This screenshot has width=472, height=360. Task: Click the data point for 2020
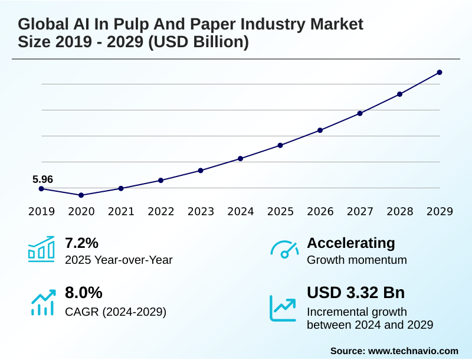(x=81, y=195)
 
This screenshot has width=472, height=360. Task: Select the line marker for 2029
(x=440, y=73)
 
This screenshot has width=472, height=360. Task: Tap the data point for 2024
(x=241, y=158)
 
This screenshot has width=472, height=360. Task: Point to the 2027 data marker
(x=360, y=113)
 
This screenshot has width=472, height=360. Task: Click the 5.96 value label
(x=43, y=178)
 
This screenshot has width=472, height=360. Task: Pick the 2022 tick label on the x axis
(x=160, y=211)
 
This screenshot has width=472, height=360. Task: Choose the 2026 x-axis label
(x=320, y=211)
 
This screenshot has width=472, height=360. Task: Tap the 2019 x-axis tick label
(x=41, y=211)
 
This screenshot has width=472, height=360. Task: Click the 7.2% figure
(x=81, y=243)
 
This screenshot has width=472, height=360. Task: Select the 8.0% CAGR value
(x=84, y=293)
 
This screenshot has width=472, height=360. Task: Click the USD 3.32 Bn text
(x=356, y=293)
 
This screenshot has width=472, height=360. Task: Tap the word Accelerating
(x=351, y=243)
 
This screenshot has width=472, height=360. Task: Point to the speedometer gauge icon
(x=284, y=250)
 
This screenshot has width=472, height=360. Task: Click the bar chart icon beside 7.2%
(x=41, y=249)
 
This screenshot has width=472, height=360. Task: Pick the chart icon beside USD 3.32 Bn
(x=283, y=307)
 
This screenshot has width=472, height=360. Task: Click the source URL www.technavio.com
(x=413, y=351)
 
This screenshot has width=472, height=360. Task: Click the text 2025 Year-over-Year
(x=119, y=260)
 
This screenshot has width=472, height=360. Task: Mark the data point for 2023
(x=201, y=171)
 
